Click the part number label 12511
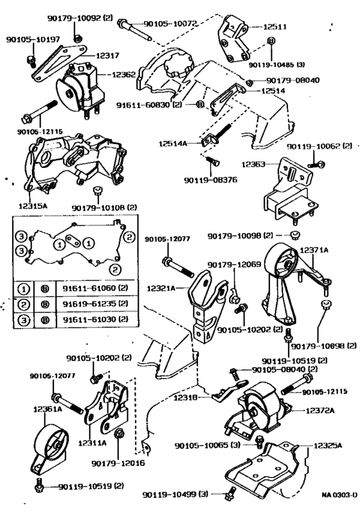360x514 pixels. [x=275, y=26]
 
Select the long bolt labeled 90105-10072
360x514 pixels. [x=134, y=31]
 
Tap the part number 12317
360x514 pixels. [x=107, y=56]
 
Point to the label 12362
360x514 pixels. [x=123, y=75]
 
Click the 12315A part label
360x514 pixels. [x=33, y=206]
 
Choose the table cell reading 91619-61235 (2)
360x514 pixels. [x=95, y=304]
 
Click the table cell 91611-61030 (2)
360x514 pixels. [x=95, y=319]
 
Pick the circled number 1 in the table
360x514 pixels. [x=24, y=289]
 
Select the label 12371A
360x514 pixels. [x=314, y=250]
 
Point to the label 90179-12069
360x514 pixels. [x=234, y=264]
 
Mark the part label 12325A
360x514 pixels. [x=328, y=446]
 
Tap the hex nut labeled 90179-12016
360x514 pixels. [x=118, y=434]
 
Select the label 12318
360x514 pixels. [x=185, y=398]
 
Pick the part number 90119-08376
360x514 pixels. [x=210, y=180]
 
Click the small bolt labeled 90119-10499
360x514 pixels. [x=230, y=493]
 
